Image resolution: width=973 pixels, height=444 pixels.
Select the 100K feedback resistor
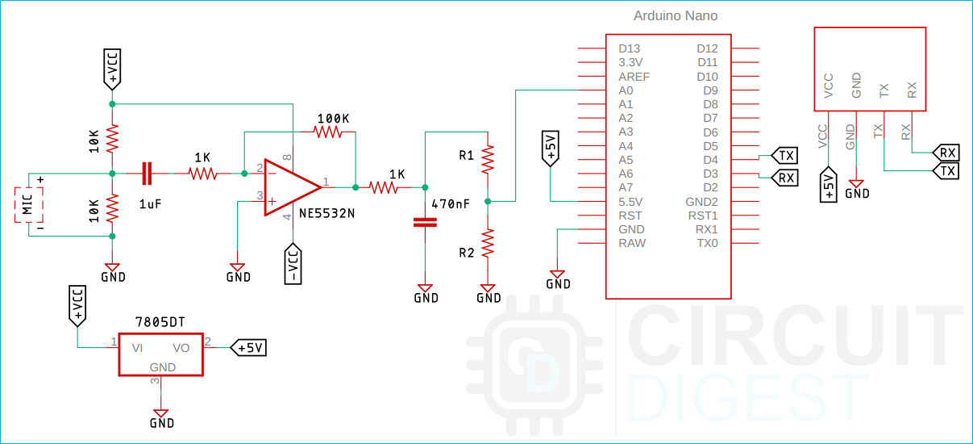click(330, 132)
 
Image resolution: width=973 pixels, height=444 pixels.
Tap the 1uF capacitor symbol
click(146, 172)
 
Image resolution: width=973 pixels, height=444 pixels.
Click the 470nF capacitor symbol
click(424, 222)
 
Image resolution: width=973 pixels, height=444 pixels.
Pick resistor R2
click(487, 242)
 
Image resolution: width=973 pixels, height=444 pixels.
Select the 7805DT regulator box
click(161, 354)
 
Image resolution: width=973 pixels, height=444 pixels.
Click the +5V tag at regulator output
click(249, 347)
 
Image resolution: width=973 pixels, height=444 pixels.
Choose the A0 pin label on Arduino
click(626, 90)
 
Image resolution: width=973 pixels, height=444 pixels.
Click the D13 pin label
click(629, 49)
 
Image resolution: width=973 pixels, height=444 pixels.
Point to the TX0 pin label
click(707, 243)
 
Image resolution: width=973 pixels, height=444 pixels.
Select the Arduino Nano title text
click(676, 16)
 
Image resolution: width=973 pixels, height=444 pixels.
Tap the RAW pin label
click(632, 243)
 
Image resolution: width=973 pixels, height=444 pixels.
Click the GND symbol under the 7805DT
click(162, 413)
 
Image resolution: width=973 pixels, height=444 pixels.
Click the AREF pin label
click(634, 77)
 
